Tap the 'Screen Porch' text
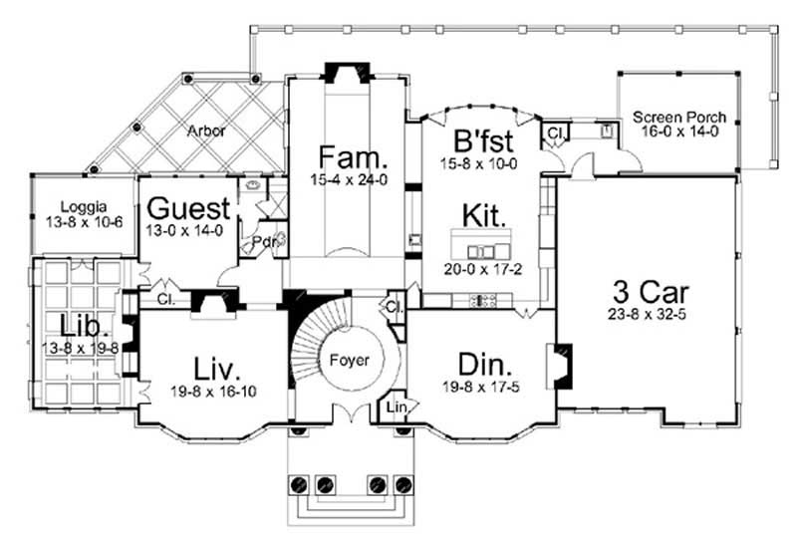[679, 118]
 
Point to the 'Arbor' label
[205, 130]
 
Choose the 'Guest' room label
[189, 209]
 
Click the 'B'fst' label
[483, 139]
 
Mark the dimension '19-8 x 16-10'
[212, 391]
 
